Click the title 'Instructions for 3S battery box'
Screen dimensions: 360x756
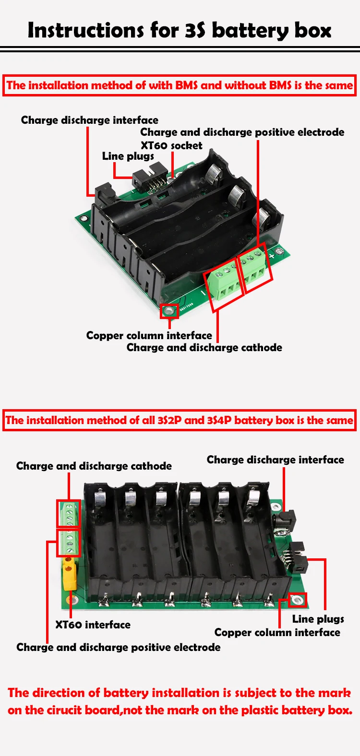[x=180, y=30]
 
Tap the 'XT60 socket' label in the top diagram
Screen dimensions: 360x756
[x=171, y=145]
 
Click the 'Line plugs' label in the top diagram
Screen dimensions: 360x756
[x=128, y=156]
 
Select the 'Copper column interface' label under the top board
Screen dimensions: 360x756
[x=149, y=335]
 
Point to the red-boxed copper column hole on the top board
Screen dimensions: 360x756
[x=169, y=311]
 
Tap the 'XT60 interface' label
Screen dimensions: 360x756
[x=93, y=625]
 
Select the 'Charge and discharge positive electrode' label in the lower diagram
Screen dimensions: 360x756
[x=118, y=647]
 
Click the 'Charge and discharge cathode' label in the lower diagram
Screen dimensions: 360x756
[x=94, y=466]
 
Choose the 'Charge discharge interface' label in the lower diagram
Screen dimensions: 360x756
[x=275, y=460]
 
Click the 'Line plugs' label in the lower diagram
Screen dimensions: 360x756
[x=318, y=619]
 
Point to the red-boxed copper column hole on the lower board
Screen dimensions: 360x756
[x=298, y=600]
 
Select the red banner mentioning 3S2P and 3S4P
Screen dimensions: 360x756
[x=180, y=420]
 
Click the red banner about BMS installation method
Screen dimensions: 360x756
[x=180, y=85]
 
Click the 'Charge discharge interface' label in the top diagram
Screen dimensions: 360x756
[x=89, y=120]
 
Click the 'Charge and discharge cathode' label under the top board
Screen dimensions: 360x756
[x=204, y=347]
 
